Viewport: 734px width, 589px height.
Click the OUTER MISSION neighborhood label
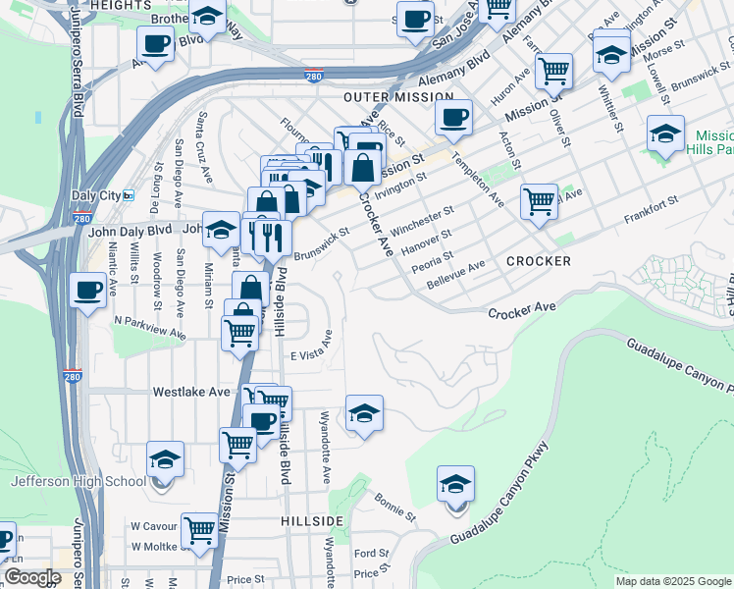point(398,98)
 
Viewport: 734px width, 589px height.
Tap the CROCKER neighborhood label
point(539,261)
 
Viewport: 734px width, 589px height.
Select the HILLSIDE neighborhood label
point(311,520)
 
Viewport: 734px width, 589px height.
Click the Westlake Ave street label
point(191,391)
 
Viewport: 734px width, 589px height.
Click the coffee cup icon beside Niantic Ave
point(88,292)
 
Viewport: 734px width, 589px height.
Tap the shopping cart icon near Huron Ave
point(554,71)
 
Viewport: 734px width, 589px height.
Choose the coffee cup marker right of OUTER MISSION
point(452,118)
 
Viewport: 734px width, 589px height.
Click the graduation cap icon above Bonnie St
point(455,485)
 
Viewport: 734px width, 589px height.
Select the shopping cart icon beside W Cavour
point(199,531)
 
